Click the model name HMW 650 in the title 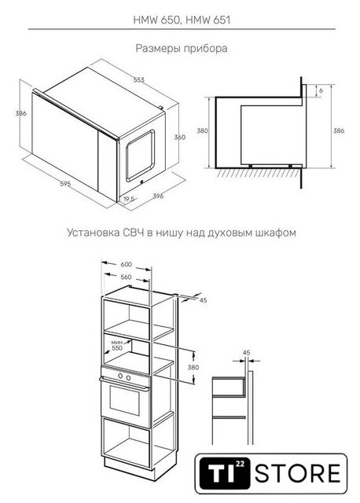pyautogui.click(x=156, y=20)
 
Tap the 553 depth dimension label pyautogui.click(x=138, y=80)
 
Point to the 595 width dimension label pyautogui.click(x=65, y=184)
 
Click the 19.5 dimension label pyautogui.click(x=129, y=199)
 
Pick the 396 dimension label pyautogui.click(x=158, y=196)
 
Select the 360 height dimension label pyautogui.click(x=180, y=137)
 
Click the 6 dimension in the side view pyautogui.click(x=321, y=90)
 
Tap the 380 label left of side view pyautogui.click(x=202, y=130)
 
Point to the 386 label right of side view pyautogui.click(x=339, y=130)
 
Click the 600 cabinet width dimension pyautogui.click(x=126, y=264)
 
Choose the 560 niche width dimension pyautogui.click(x=126, y=277)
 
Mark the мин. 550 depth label pyautogui.click(x=117, y=345)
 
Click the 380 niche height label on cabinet pyautogui.click(x=193, y=367)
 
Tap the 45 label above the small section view pyautogui.click(x=246, y=353)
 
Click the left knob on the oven pyautogui.click(x=120, y=376)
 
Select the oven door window pyautogui.click(x=125, y=400)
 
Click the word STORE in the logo pyautogui.click(x=298, y=473)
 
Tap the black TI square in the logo pyautogui.click(x=225, y=473)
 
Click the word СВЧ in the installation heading pyautogui.click(x=133, y=233)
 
